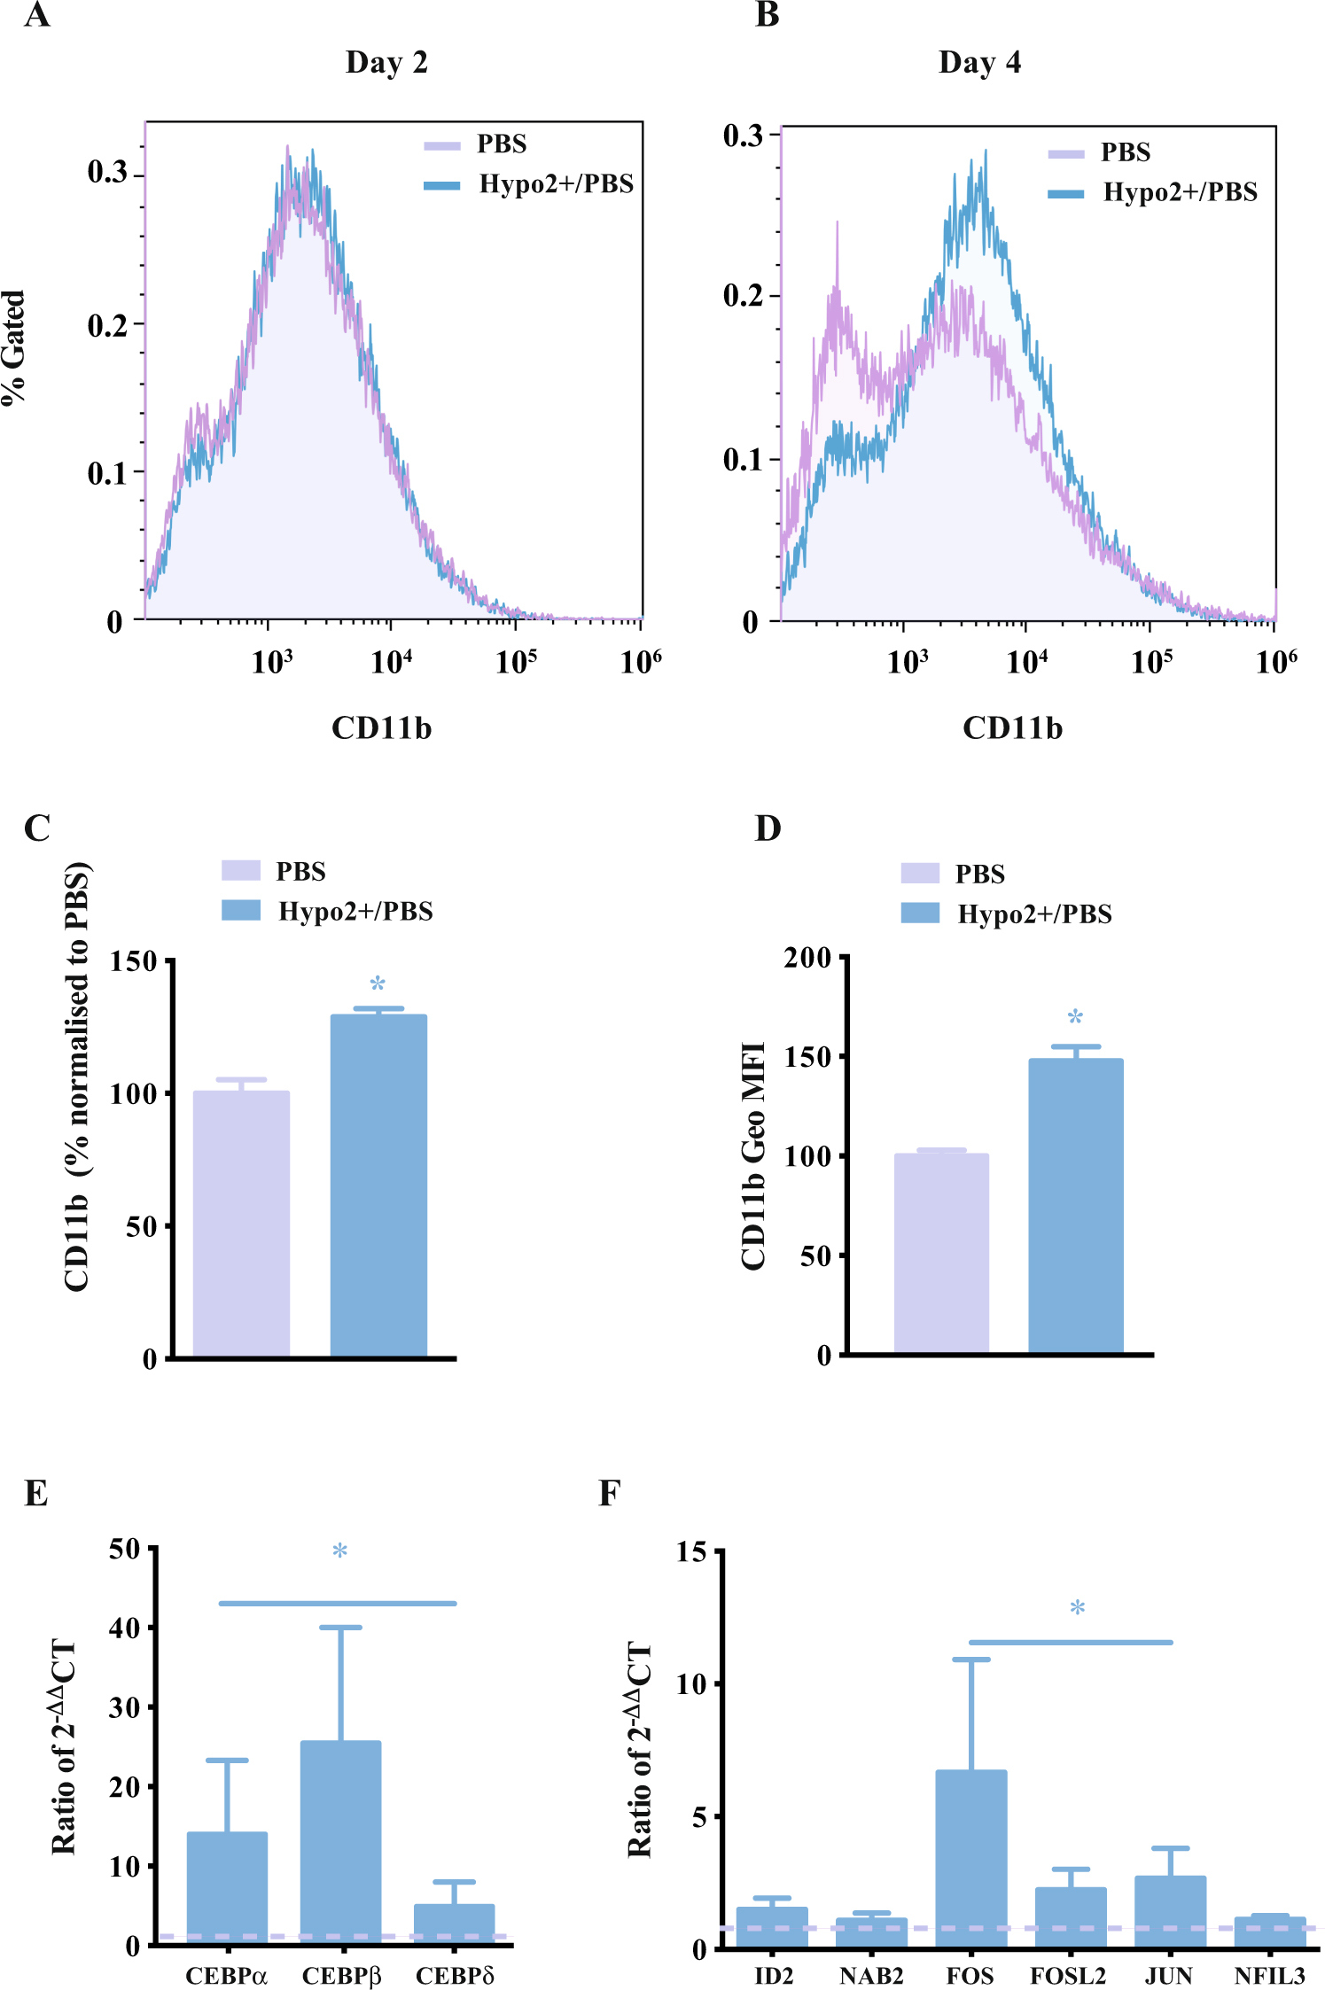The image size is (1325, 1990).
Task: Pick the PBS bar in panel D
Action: tap(941, 1253)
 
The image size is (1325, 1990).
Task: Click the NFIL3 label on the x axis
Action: tap(1269, 1976)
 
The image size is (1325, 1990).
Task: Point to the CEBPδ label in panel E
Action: tap(455, 1976)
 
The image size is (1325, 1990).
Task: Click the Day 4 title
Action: tap(979, 62)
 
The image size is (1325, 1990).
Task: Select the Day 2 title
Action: tap(386, 62)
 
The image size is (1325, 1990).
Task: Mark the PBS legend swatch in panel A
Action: tap(442, 146)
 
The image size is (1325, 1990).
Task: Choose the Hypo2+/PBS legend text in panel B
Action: tap(1180, 192)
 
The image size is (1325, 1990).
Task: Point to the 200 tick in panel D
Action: tap(807, 958)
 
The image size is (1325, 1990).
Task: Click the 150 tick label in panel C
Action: tap(133, 962)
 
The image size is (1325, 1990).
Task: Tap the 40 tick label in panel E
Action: tap(124, 1629)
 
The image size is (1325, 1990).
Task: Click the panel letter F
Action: tap(609, 1493)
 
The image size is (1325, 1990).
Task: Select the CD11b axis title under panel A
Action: tap(381, 728)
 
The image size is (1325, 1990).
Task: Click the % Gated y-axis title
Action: tap(14, 347)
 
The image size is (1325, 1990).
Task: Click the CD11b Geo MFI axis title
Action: tap(753, 1155)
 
